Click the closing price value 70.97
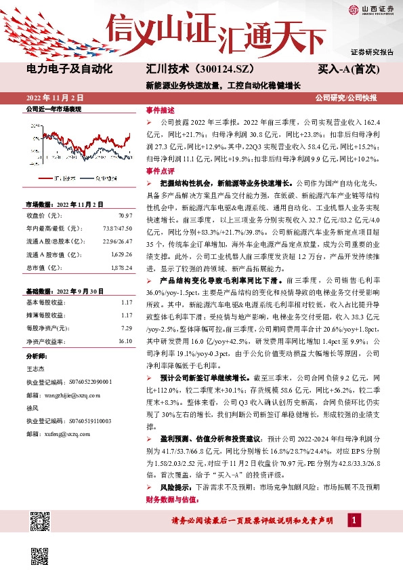[124, 215]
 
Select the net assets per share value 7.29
[125, 329]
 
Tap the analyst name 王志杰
[35, 368]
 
